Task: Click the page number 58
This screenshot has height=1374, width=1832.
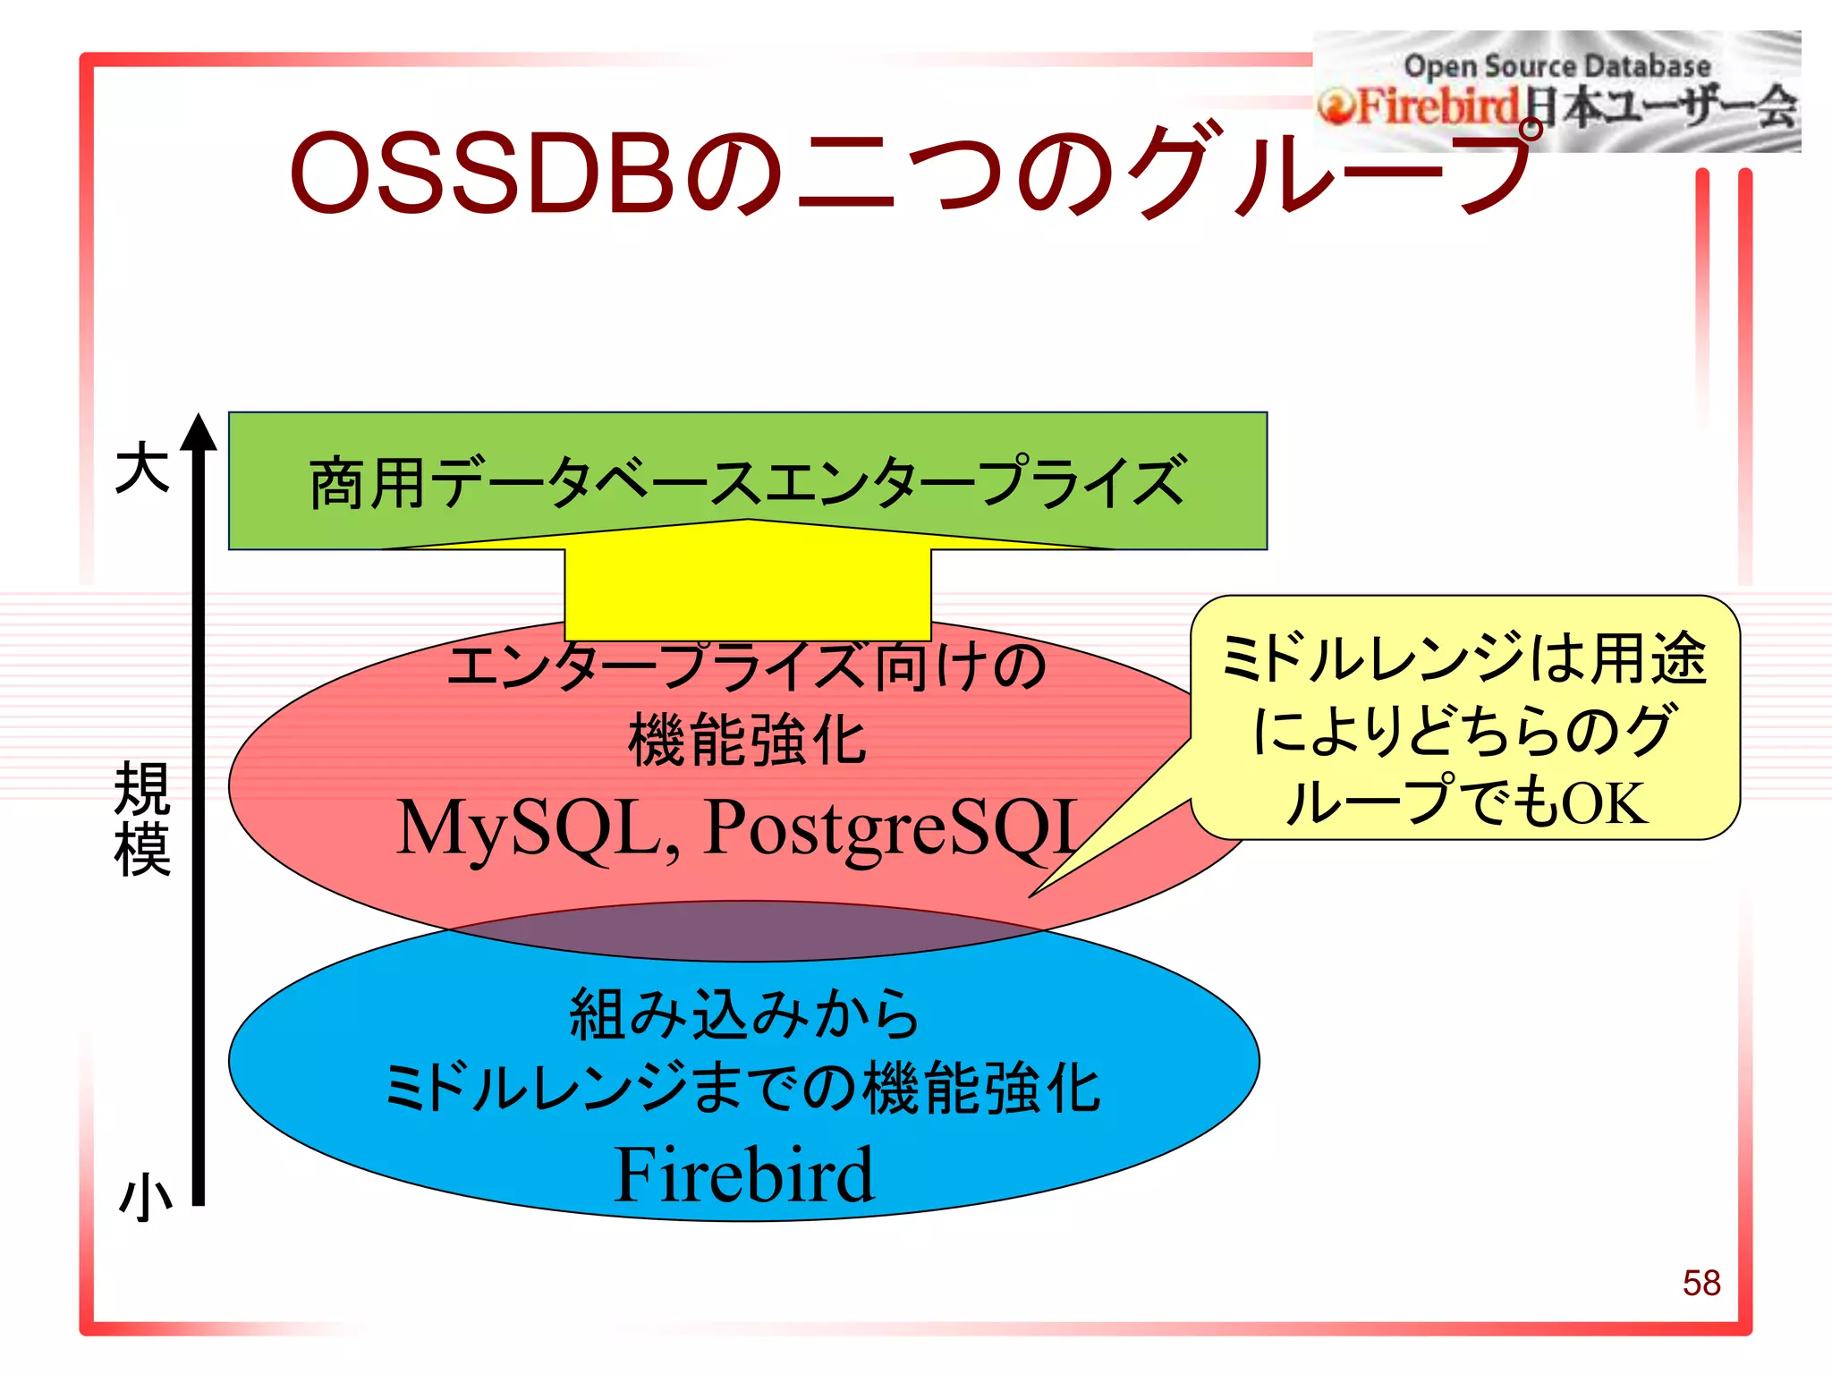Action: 1701,1283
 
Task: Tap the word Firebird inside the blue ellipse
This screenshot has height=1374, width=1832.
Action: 743,1175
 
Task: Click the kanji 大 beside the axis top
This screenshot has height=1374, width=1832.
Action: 142,469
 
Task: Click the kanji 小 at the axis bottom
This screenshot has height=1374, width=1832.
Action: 145,1197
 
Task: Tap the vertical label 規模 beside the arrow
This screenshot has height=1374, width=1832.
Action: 142,818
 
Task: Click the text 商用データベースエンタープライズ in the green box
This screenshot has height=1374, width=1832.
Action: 748,483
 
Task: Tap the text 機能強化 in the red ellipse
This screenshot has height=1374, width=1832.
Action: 748,741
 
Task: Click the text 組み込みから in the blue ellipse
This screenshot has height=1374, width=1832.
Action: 744,1014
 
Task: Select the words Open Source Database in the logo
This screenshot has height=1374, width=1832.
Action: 1556,66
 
